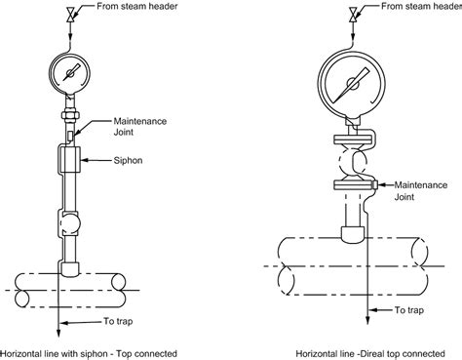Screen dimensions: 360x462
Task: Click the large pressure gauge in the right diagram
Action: (x=347, y=78)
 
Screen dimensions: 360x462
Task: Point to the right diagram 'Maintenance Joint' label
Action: (x=420, y=190)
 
